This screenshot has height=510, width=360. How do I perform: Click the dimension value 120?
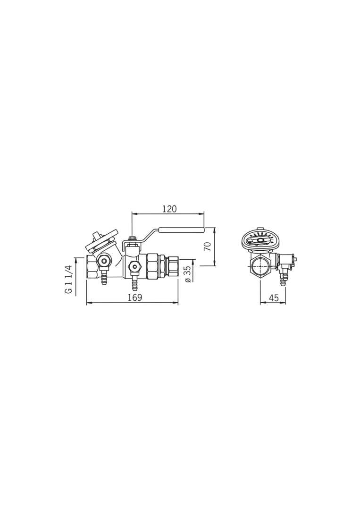[169, 209]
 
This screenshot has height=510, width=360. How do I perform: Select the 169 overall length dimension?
[135, 297]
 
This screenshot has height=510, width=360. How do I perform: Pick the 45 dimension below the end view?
[274, 297]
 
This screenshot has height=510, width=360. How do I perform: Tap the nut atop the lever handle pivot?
[132, 239]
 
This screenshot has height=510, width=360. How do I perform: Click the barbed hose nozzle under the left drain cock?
[104, 279]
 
